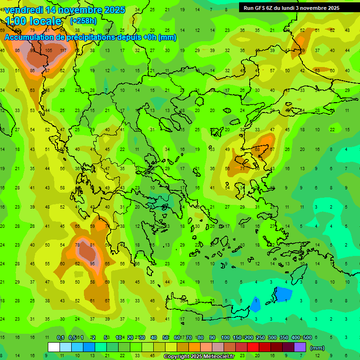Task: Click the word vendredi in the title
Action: (24, 10)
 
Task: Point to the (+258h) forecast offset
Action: (83, 21)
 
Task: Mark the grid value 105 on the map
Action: (49, 51)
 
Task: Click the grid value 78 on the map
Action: (78, 245)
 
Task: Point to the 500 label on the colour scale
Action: (307, 338)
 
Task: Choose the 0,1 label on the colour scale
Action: (60, 338)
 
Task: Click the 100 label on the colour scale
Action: (225, 338)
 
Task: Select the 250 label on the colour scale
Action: (260, 338)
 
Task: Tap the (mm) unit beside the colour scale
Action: (317, 348)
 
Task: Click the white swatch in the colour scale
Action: (54, 347)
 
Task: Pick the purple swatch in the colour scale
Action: (300, 347)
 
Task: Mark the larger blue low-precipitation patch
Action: (283, 294)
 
